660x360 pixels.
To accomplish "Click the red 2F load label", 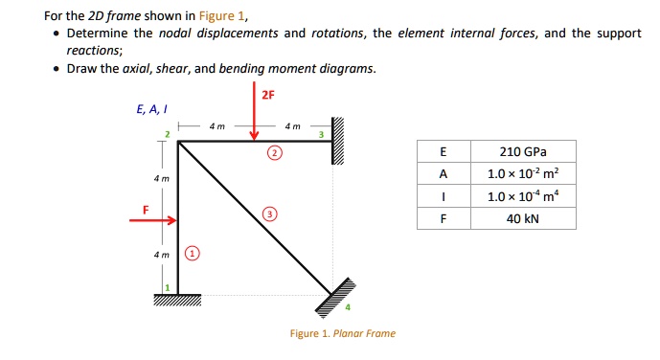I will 268,95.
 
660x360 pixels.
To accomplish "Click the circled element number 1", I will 193,254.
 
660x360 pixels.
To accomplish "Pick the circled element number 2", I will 275,153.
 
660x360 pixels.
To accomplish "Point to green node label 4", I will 349,307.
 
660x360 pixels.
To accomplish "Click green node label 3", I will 323,134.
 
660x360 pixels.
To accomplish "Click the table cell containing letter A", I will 442,174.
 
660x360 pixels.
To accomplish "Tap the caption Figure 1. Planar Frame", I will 342,333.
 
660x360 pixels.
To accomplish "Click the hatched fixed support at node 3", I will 336,142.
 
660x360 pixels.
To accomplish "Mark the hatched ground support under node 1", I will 178,299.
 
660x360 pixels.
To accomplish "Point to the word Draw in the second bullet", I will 80,69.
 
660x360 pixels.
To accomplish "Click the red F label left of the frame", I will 147,208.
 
